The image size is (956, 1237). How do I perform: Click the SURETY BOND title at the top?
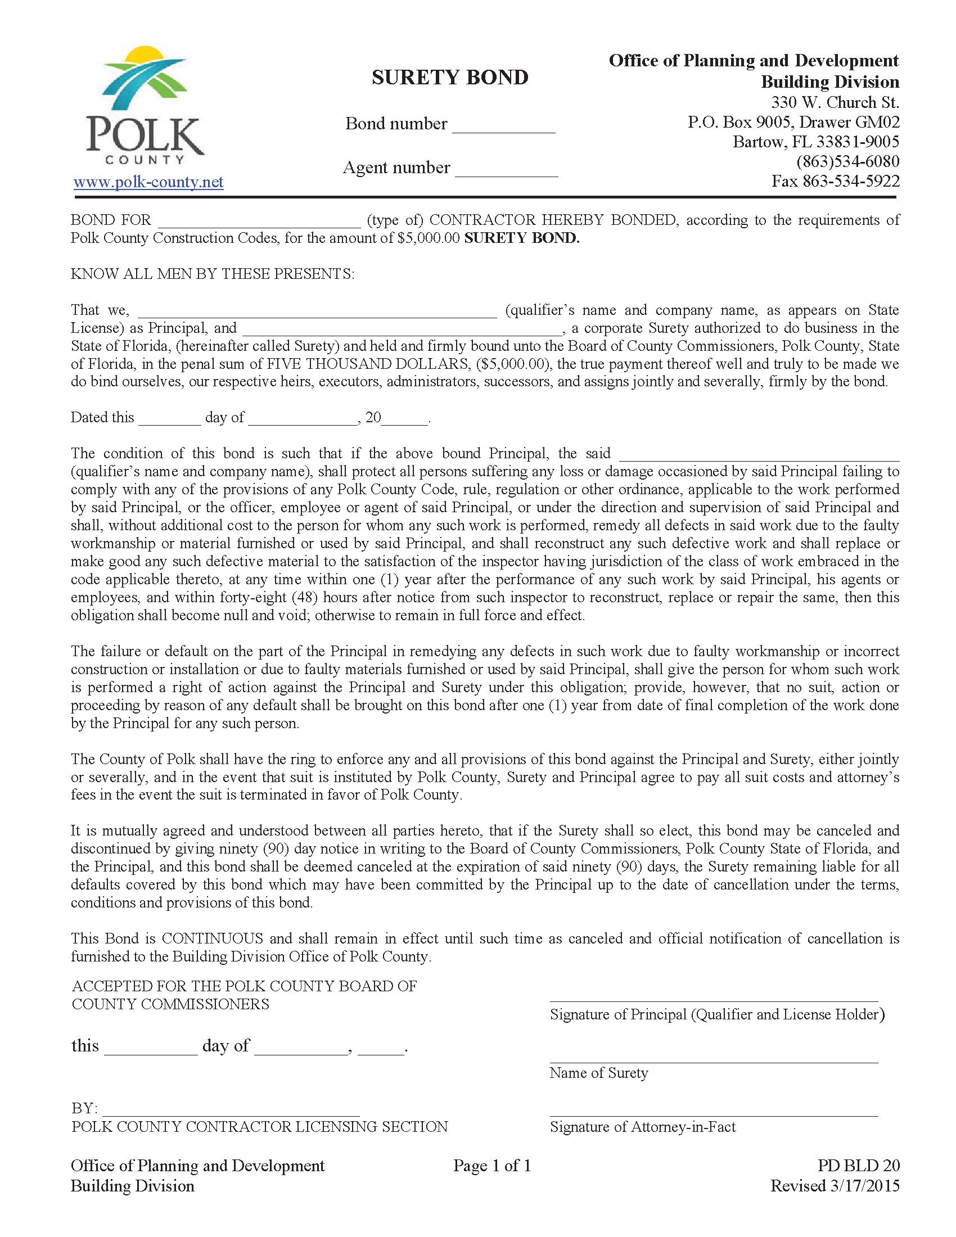coord(450,78)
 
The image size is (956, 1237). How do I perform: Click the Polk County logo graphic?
coord(145,105)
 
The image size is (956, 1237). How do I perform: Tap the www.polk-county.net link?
coord(148,182)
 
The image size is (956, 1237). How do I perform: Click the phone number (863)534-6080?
coord(848,162)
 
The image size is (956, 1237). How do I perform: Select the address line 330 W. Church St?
coord(835,103)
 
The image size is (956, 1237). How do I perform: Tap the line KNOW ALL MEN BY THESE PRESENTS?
coord(213,274)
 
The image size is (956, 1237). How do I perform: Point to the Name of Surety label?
coord(599,1073)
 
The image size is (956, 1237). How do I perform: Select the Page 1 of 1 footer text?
coord(491,1166)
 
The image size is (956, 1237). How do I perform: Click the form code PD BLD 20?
coord(859,1166)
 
